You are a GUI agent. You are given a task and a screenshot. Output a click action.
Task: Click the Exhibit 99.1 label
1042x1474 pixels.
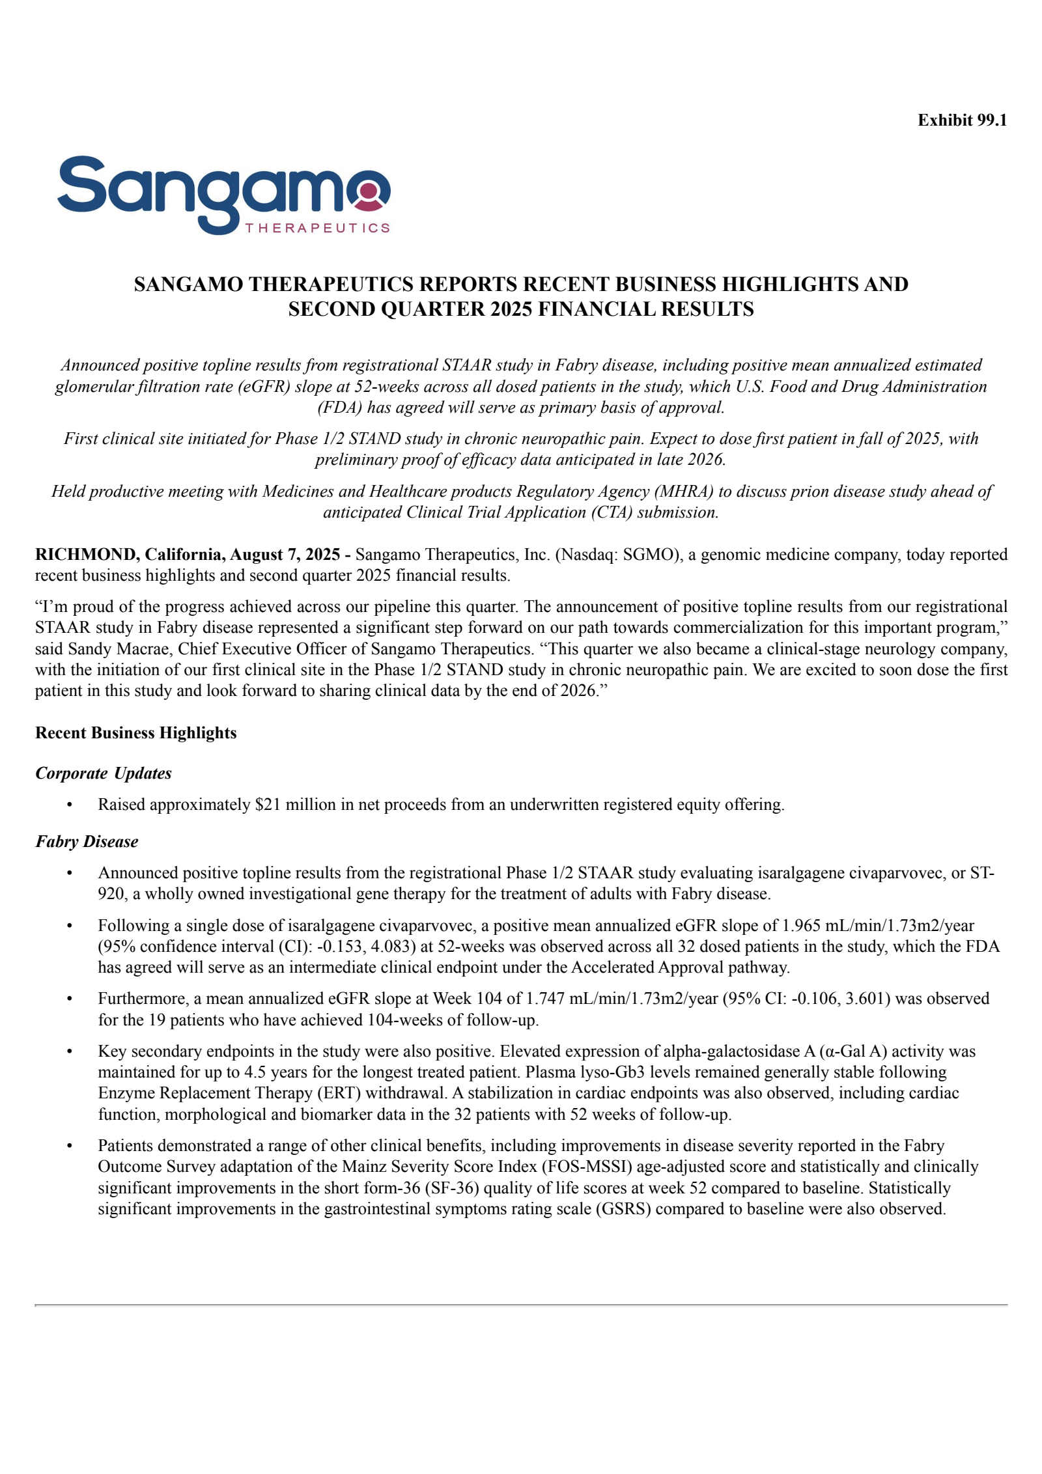pos(961,120)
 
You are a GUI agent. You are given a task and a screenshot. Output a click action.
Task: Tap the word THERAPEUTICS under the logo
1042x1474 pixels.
pos(317,228)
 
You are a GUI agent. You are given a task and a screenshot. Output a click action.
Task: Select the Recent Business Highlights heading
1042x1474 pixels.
pos(135,732)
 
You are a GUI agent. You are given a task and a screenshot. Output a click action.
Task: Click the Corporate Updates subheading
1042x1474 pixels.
pos(103,773)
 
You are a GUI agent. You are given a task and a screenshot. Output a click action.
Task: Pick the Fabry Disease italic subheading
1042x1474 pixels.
pos(87,841)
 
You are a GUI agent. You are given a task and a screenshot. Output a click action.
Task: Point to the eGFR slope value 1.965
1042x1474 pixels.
pos(800,925)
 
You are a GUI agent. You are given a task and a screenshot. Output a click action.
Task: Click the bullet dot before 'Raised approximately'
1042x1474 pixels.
pos(69,805)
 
